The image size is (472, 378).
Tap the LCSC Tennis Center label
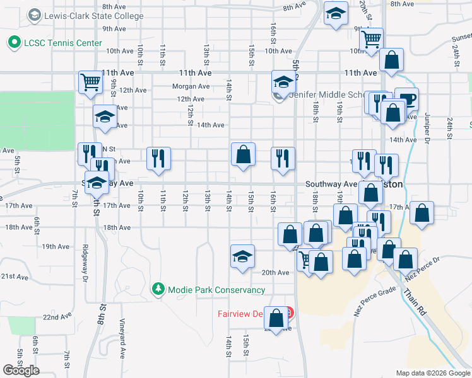[61, 43]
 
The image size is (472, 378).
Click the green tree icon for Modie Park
[158, 290]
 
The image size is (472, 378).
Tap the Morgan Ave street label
[191, 86]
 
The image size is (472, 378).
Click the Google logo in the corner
[21, 370]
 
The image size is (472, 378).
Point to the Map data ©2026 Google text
[433, 373]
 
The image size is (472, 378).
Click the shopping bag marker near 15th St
[243, 154]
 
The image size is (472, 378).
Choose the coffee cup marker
[406, 99]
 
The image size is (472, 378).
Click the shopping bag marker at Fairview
[276, 318]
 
